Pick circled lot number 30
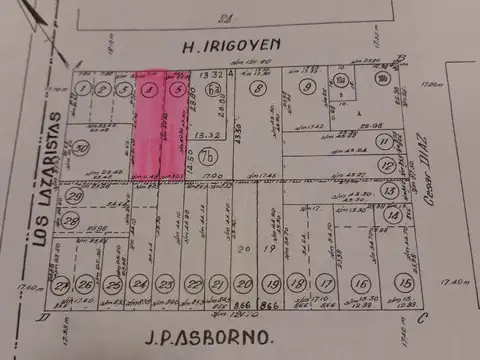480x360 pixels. coord(82,147)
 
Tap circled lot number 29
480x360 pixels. coord(75,196)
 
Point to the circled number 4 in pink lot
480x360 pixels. coord(148,90)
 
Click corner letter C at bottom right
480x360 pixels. coord(423,318)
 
